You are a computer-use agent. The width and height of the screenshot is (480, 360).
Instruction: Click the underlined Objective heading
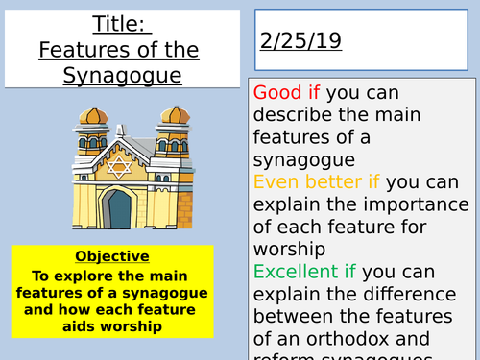[112, 256]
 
